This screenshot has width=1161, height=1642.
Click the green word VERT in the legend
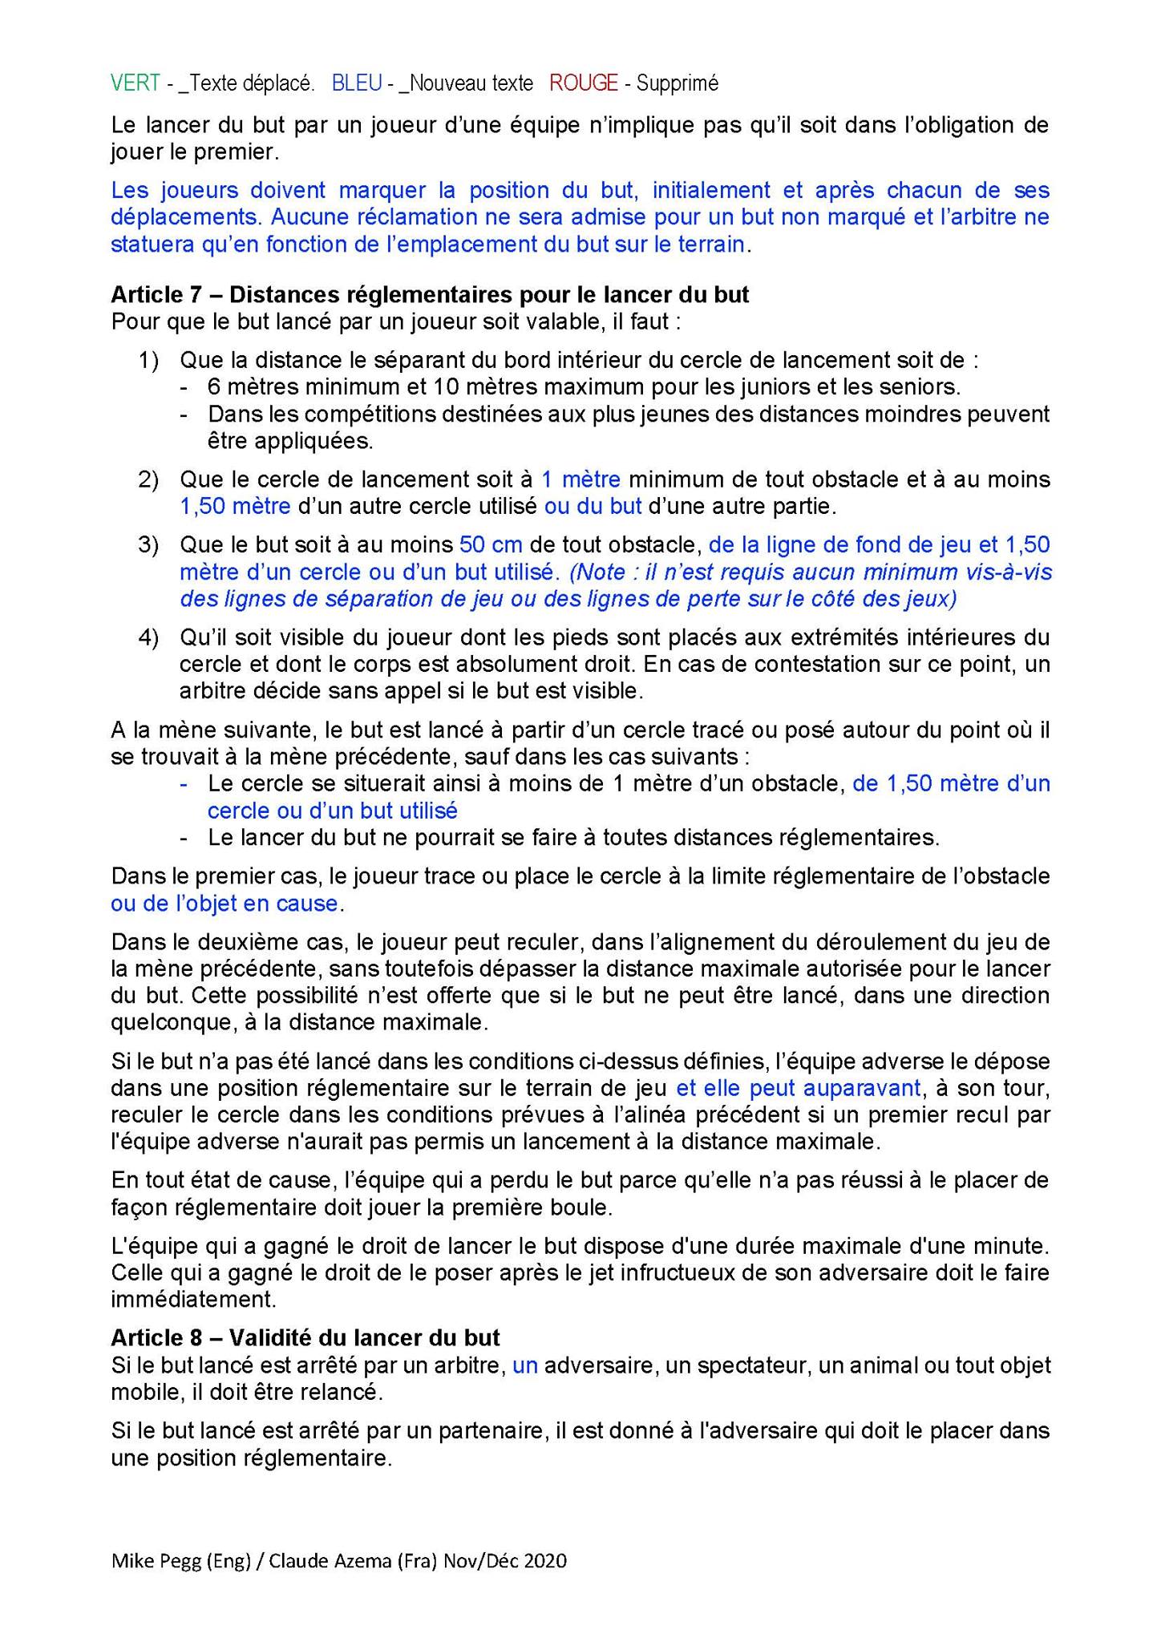[x=135, y=83]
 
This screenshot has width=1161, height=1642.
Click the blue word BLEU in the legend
[x=356, y=83]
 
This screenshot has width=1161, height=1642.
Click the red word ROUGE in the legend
[x=584, y=83]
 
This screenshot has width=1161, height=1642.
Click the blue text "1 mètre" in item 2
[x=580, y=479]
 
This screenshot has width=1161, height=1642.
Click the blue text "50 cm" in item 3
[x=491, y=545]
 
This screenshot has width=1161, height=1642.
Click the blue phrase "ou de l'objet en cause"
[x=225, y=904]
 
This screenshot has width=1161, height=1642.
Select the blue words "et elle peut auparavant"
[x=798, y=1088]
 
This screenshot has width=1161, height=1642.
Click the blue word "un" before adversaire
[x=525, y=1365]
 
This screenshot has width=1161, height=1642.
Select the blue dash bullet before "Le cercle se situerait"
[x=184, y=784]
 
